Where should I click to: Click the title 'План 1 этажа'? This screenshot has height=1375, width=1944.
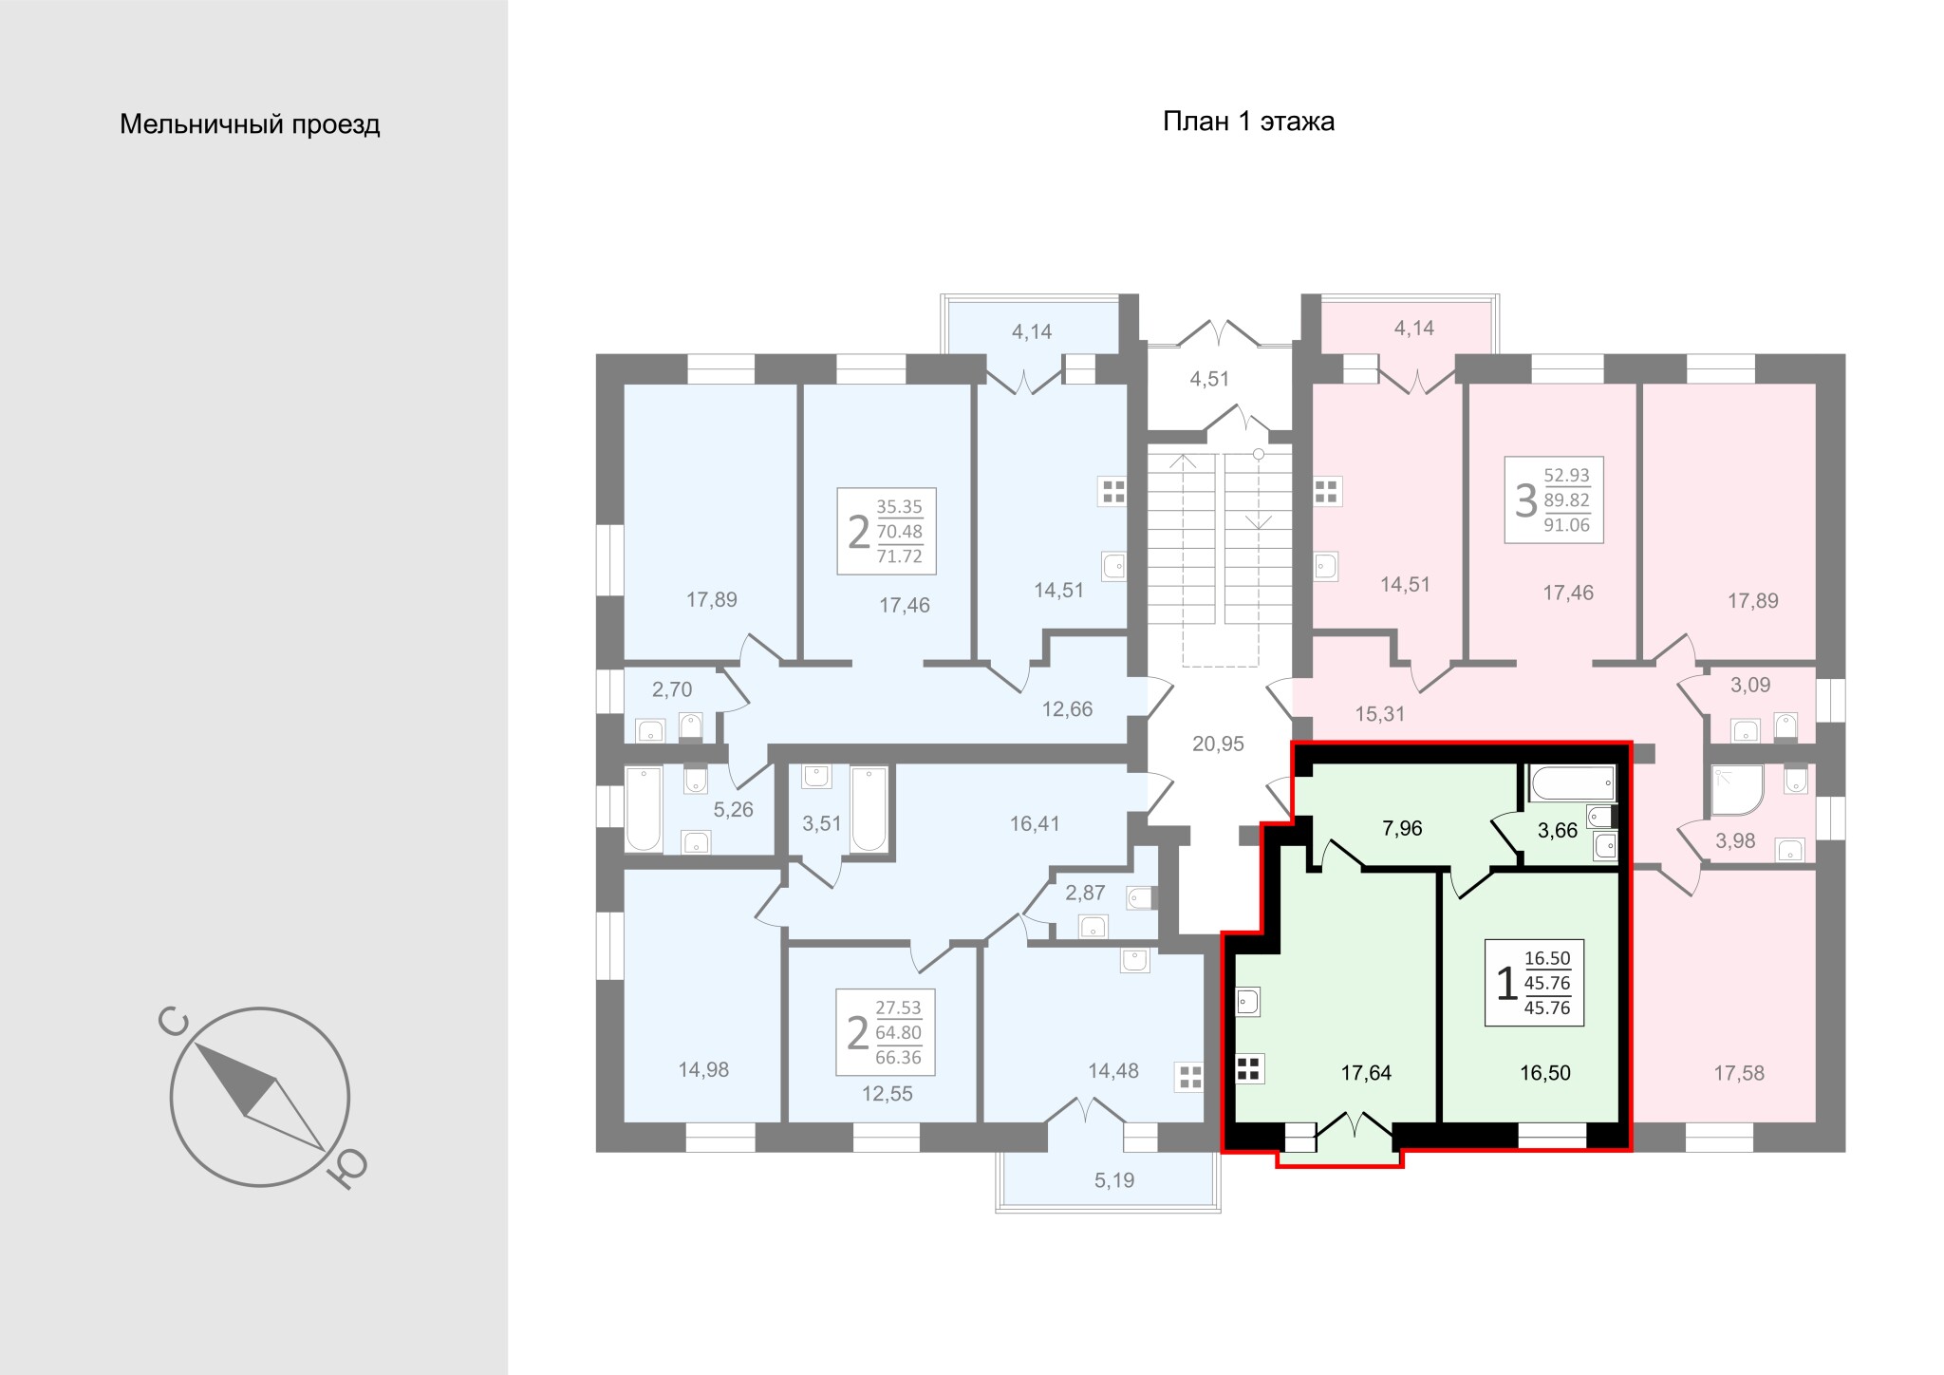(1248, 122)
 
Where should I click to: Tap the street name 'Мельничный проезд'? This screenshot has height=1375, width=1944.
(250, 124)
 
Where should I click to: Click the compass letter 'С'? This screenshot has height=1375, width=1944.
(175, 1023)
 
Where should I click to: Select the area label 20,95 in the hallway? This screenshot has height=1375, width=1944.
(1218, 744)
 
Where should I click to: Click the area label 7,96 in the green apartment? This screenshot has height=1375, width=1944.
(1402, 828)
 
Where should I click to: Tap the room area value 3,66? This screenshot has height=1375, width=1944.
(1557, 831)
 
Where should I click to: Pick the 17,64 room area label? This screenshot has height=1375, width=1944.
(1366, 1073)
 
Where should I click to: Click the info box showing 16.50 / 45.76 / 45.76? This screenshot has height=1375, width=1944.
(1534, 983)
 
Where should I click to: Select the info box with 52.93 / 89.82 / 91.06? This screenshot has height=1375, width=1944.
(1554, 499)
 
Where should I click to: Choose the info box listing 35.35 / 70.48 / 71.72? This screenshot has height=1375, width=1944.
(887, 531)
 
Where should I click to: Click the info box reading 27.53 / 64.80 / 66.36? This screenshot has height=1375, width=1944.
(886, 1032)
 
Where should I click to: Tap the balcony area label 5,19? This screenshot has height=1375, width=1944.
(1114, 1180)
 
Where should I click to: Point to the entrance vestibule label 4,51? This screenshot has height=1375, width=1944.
(1209, 379)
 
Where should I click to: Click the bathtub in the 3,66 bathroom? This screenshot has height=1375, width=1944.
(1572, 783)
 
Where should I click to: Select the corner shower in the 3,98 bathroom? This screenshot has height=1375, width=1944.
(1737, 791)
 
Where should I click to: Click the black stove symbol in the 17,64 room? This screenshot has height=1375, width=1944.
(1249, 1069)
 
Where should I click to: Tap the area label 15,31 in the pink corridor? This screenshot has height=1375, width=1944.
(1379, 714)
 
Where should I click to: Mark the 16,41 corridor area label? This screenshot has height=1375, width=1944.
(1035, 823)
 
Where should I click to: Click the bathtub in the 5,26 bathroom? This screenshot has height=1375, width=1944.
(643, 810)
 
